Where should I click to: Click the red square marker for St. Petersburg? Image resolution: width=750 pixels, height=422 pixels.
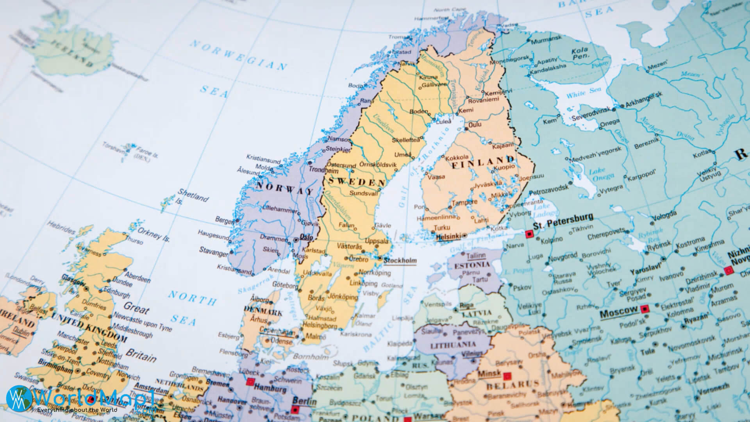529,234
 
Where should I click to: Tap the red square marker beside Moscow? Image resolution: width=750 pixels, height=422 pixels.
645,309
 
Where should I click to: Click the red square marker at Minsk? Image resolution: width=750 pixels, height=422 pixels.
507,377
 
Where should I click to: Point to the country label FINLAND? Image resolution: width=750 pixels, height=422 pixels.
483,163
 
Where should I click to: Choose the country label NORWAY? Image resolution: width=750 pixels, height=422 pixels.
284,188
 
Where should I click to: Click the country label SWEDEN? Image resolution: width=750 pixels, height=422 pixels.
357,181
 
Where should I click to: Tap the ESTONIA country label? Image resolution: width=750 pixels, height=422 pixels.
472,265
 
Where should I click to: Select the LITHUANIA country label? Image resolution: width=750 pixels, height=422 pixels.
453,345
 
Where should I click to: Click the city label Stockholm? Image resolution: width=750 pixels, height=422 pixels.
400,261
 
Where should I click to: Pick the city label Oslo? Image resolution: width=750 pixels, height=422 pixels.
306,237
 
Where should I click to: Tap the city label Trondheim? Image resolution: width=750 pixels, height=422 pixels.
323,170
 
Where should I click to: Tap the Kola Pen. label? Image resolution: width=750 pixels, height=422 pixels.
580,54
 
